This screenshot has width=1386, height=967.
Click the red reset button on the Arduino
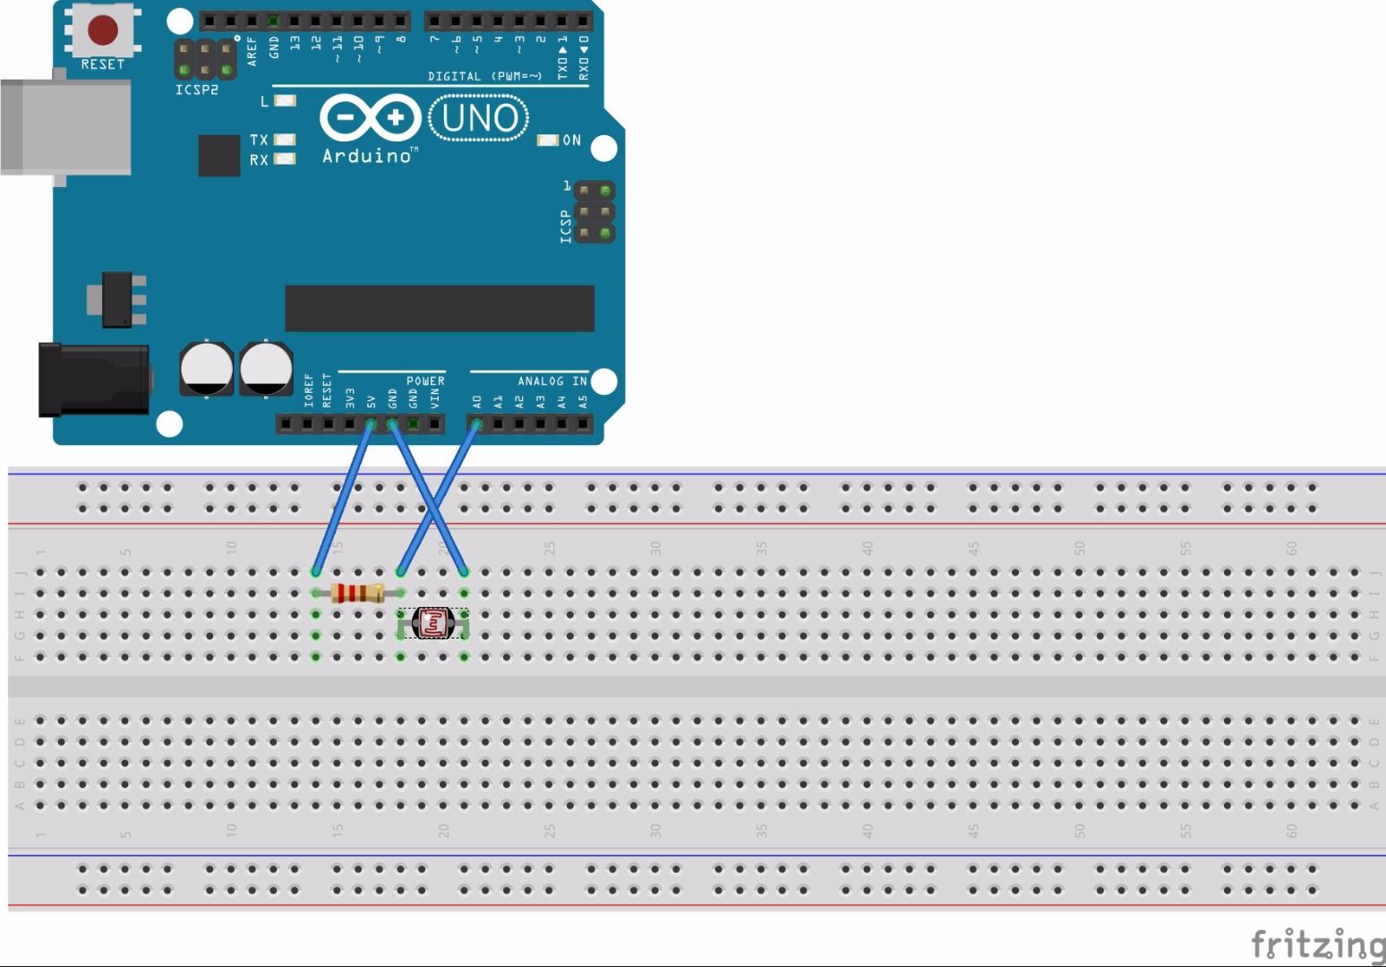pos(103,30)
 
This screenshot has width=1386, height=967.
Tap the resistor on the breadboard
pos(357,593)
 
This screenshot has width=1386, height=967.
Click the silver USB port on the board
pos(64,127)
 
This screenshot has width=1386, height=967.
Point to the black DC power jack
pos(92,379)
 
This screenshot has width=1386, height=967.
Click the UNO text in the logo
pos(479,118)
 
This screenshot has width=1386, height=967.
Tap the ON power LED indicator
pos(547,141)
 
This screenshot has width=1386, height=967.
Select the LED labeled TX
pos(284,140)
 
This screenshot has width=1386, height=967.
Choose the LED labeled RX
pos(284,159)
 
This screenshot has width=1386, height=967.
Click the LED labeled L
pos(284,101)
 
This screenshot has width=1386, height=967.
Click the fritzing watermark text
pos(1316,945)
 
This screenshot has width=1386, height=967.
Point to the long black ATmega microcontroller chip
pos(439,308)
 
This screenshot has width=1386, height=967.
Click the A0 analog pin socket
pos(476,424)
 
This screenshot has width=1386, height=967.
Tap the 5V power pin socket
pos(371,424)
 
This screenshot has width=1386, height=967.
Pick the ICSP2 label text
pos(196,90)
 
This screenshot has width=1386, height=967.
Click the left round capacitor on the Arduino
pos(207,368)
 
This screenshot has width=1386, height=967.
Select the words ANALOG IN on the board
pos(552,381)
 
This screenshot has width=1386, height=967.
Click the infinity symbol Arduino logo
pos(371,118)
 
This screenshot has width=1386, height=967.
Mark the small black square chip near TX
pos(218,156)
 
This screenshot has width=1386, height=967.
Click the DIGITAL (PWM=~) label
pos(484,77)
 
